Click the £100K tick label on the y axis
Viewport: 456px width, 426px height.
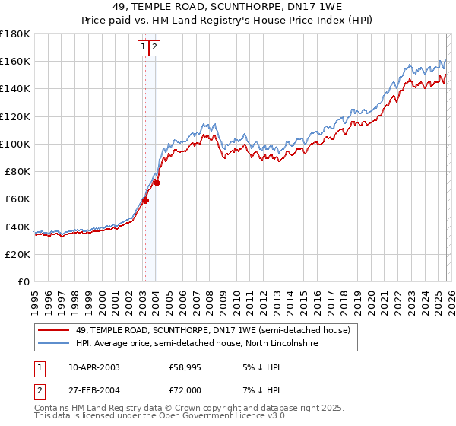point(15,144)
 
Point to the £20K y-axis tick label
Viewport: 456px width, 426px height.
point(17,254)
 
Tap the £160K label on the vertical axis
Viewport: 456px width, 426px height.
point(15,61)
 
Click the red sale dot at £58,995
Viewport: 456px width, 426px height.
point(145,201)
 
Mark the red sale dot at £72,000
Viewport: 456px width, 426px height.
point(157,183)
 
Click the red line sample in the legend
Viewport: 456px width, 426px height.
point(53,331)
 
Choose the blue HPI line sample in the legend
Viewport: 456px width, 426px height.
point(53,344)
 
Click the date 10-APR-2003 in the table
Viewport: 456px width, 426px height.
point(93,367)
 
